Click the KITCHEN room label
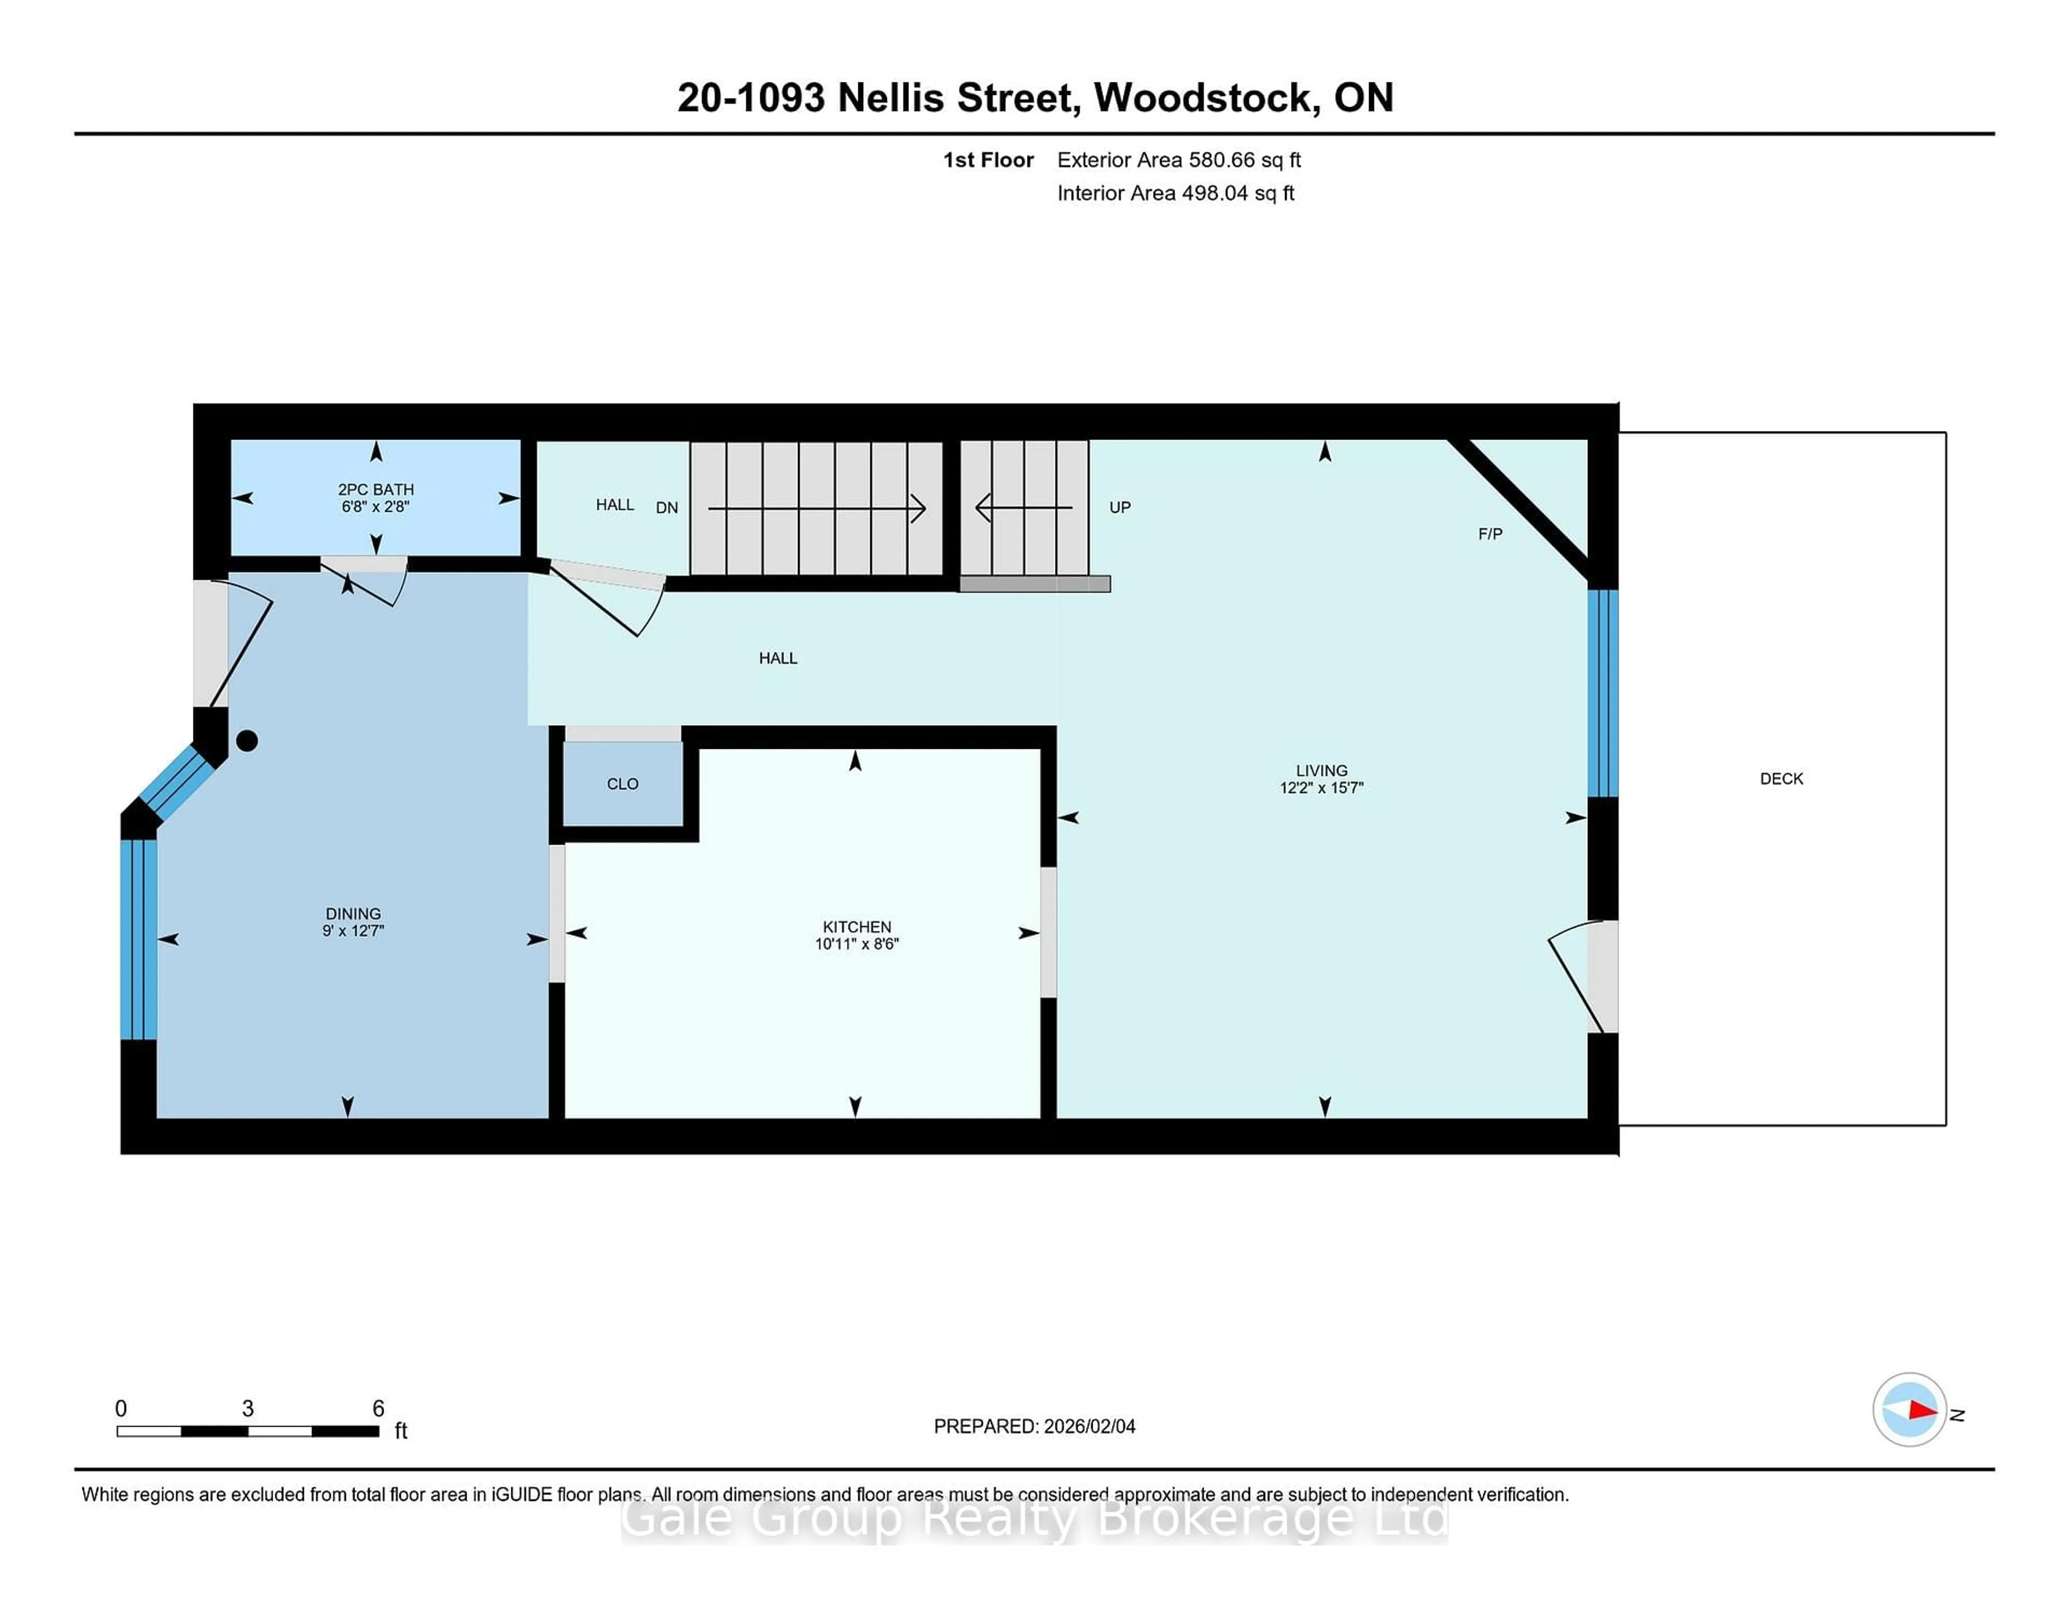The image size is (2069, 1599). tap(856, 927)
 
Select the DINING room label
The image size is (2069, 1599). tap(353, 913)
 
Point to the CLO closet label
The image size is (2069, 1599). tap(622, 783)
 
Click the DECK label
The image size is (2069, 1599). tap(1781, 778)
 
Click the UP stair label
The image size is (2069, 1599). tap(1120, 507)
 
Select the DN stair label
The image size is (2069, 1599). tap(667, 507)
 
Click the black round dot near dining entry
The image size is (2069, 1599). tap(247, 741)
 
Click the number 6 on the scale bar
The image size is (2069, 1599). tap(378, 1409)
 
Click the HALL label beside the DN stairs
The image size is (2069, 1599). tap(615, 505)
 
